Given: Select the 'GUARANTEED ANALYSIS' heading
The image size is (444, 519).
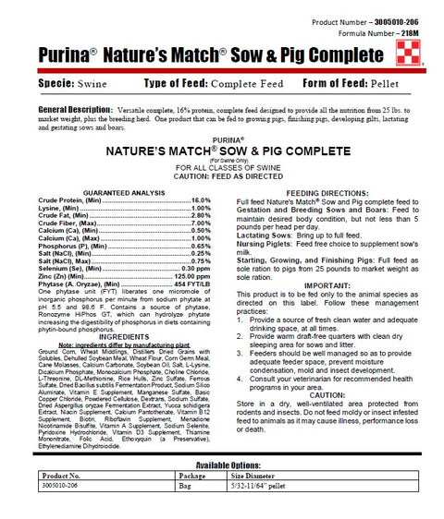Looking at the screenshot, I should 125,192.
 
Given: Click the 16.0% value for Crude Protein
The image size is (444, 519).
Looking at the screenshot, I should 201,199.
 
